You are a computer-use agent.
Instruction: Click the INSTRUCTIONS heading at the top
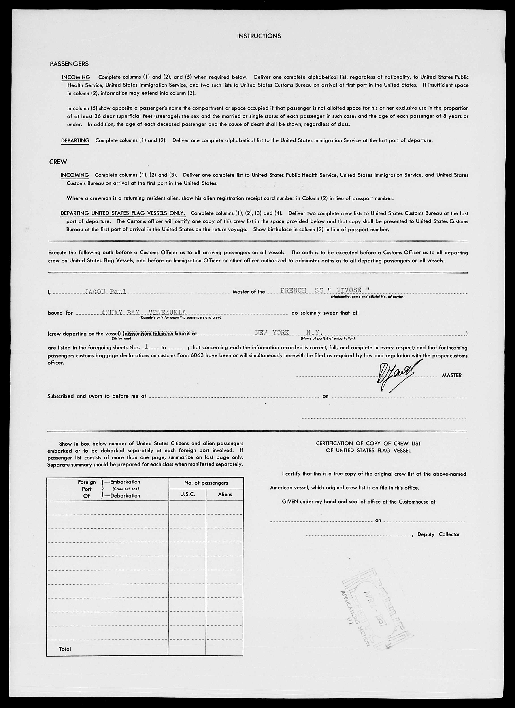tap(259, 36)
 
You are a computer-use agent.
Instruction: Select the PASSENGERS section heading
tap(69, 64)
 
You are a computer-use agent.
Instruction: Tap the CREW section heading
tap(58, 162)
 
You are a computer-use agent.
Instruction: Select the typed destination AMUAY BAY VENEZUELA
tap(144, 312)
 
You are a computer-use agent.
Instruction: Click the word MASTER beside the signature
tap(451, 376)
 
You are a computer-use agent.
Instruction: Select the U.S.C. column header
tap(187, 494)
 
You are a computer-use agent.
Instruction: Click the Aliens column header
tap(225, 494)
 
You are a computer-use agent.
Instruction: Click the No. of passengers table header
tap(206, 483)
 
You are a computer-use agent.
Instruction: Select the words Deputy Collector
tap(438, 534)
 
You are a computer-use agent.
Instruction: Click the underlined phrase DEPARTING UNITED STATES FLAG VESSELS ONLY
tap(123, 213)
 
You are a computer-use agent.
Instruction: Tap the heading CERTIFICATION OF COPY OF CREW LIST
tap(368, 443)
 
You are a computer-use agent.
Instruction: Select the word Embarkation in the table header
tap(125, 482)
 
